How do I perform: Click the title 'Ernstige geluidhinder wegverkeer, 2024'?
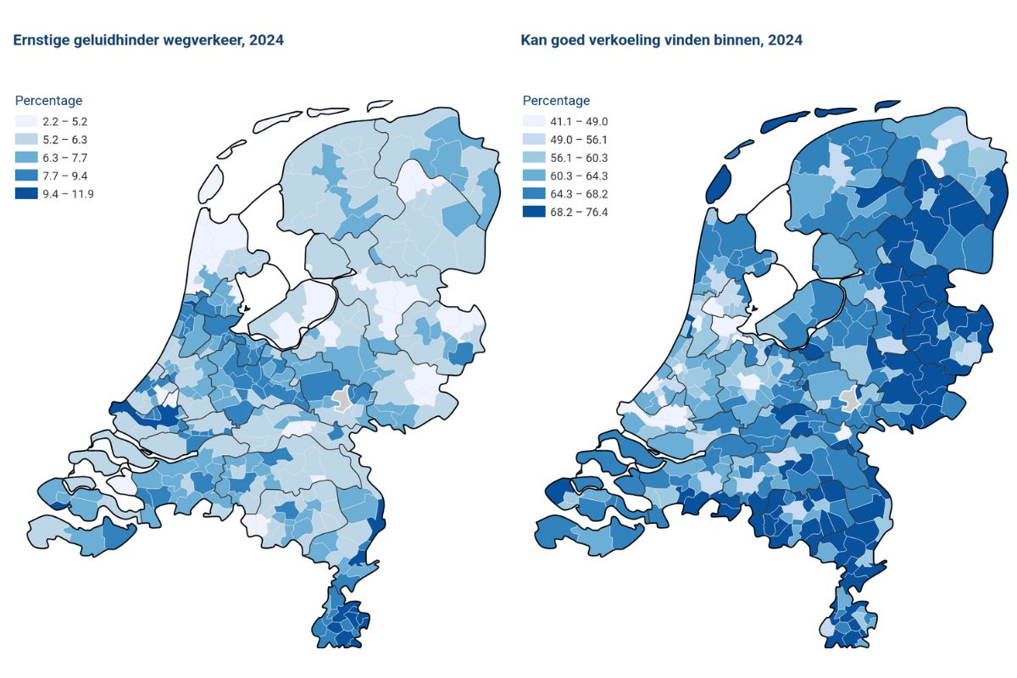pyautogui.click(x=148, y=40)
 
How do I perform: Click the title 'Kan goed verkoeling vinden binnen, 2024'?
pyautogui.click(x=662, y=40)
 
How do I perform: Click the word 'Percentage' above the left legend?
pyautogui.click(x=48, y=101)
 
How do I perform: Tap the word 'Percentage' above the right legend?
pyautogui.click(x=556, y=101)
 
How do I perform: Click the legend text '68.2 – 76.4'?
pyautogui.click(x=580, y=211)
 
